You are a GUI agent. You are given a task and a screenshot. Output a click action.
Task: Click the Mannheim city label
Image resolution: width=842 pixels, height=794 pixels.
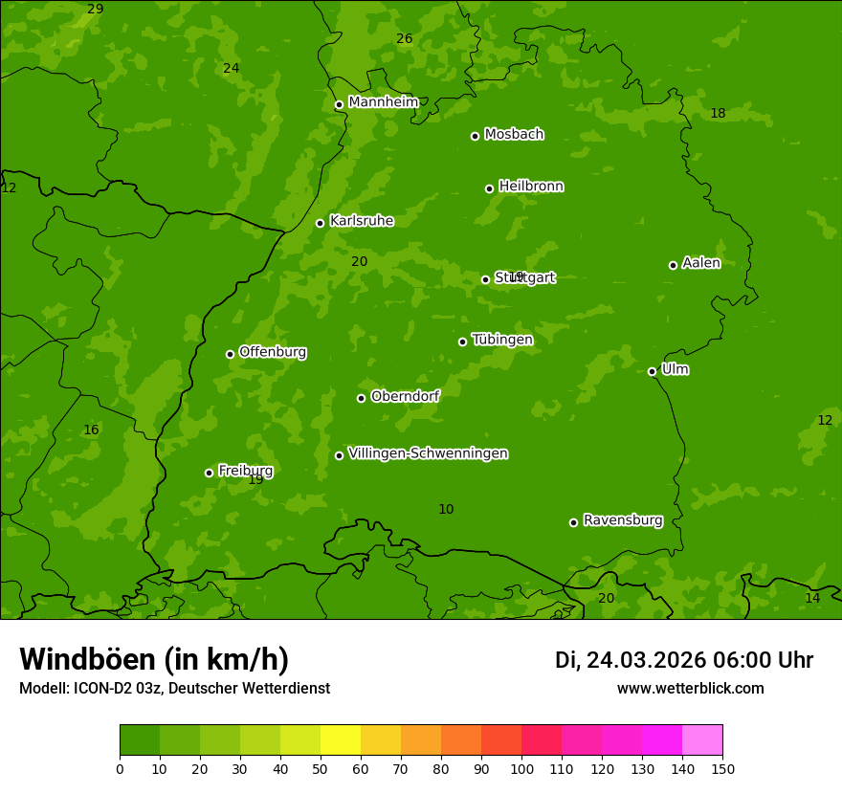(x=383, y=102)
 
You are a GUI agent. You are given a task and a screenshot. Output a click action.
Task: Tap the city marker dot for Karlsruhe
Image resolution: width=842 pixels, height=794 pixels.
(x=320, y=223)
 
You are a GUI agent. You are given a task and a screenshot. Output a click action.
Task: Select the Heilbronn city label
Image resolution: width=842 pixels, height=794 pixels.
(x=531, y=187)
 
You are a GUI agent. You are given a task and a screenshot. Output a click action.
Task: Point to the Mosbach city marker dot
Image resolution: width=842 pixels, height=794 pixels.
(x=475, y=136)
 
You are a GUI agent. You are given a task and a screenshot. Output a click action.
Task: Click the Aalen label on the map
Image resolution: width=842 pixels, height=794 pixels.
(x=701, y=263)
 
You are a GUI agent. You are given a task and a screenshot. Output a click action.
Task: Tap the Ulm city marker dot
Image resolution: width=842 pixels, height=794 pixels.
(x=652, y=371)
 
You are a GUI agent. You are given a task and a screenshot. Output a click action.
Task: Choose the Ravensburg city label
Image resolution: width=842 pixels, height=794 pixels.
(x=623, y=520)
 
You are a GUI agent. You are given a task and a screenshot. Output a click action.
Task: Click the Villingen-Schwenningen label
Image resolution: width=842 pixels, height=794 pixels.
(x=428, y=453)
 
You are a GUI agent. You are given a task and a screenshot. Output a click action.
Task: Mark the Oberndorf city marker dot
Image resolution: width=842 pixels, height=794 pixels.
(x=361, y=398)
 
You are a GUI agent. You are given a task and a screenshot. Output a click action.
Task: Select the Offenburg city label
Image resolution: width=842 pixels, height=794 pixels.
(x=273, y=352)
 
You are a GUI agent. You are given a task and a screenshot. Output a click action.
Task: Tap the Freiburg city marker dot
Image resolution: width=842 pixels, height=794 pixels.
(x=209, y=473)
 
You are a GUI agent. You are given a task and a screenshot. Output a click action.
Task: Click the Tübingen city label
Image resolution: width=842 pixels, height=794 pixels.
(x=502, y=340)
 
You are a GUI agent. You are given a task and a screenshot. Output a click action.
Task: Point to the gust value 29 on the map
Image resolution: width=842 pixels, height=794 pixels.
(x=96, y=9)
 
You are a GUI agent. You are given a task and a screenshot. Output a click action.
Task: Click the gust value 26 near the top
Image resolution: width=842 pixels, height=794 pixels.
(x=405, y=38)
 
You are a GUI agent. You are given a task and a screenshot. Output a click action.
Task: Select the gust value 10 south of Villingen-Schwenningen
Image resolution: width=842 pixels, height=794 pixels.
(x=446, y=509)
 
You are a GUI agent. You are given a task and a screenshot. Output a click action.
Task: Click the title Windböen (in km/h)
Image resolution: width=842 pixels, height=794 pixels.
(x=154, y=659)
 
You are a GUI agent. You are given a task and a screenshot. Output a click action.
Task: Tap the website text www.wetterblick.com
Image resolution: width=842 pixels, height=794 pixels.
(x=690, y=688)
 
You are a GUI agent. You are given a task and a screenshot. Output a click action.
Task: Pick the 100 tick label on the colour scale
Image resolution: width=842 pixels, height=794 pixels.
(x=521, y=768)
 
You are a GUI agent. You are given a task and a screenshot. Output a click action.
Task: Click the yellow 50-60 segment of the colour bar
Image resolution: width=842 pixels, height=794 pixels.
(x=341, y=740)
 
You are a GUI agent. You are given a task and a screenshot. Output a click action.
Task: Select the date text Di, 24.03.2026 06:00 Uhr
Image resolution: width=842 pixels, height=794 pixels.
(x=684, y=660)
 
